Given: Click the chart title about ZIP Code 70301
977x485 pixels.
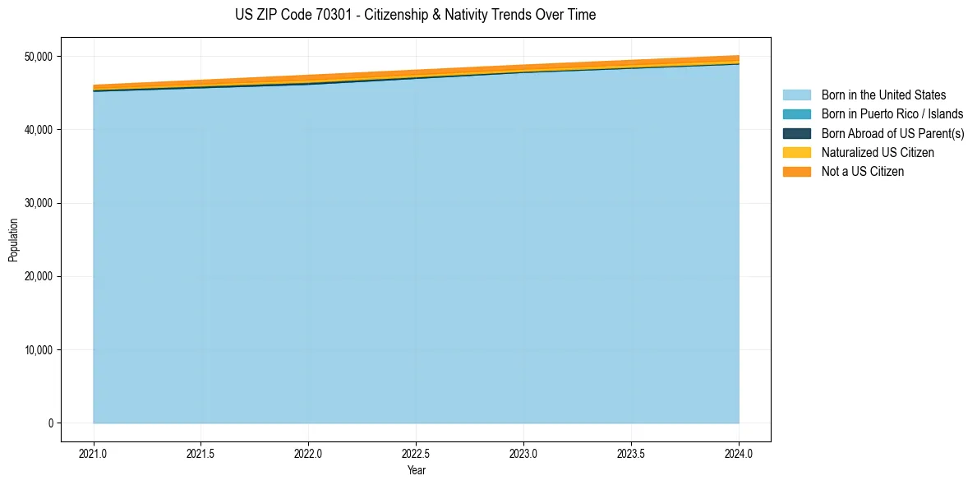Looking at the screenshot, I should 415,15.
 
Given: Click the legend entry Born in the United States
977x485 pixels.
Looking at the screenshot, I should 883,95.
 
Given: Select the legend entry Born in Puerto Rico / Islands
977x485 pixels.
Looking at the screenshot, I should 892,114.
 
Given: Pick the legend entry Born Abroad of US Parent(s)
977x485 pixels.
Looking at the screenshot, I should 892,133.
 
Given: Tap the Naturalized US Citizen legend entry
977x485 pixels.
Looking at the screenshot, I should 878,153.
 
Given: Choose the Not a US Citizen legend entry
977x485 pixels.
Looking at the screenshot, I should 862,172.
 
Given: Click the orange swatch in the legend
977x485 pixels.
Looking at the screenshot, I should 796,172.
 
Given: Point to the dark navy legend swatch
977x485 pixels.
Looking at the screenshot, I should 796,133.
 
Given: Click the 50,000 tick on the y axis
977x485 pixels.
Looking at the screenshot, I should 37,57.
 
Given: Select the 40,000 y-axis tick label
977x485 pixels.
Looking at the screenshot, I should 37,130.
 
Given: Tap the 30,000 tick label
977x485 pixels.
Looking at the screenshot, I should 37,203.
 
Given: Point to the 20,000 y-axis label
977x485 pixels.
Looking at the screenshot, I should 37,277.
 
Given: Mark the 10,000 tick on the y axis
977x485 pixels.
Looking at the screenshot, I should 37,350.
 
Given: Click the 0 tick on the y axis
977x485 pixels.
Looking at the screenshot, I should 50,423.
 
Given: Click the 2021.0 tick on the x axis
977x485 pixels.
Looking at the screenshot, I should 94,453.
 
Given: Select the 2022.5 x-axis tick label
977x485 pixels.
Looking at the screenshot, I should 416,453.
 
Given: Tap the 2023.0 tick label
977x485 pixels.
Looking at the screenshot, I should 523,453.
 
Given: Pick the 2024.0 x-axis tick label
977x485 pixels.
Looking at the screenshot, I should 739,453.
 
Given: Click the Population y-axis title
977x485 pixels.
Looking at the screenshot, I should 13,240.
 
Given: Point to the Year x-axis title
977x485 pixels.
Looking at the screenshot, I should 416,471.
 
